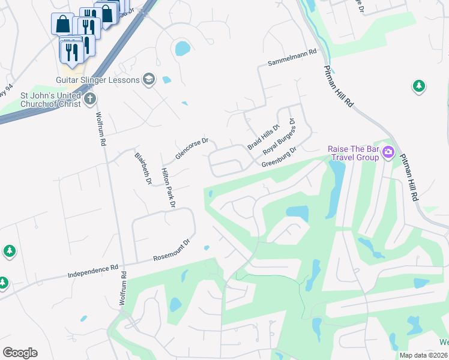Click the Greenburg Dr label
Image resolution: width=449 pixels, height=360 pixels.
[280, 157]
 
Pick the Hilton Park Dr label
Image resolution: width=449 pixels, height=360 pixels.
[167, 188]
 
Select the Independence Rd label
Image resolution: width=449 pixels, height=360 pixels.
[93, 271]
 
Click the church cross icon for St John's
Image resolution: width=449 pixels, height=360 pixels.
[90, 98]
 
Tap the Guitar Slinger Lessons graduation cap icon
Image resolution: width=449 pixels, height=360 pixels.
[148, 79]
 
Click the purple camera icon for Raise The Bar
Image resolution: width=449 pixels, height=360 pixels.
[388, 152]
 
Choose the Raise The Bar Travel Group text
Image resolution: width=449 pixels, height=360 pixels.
[353, 153]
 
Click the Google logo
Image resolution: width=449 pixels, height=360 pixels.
[20, 353]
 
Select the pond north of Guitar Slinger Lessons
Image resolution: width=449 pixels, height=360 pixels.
[182, 48]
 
